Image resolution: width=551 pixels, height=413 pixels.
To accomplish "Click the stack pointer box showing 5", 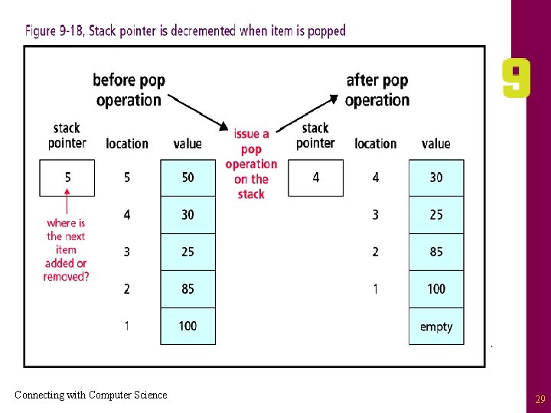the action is tap(67, 177).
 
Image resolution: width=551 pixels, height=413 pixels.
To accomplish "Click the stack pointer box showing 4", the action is tap(315, 177).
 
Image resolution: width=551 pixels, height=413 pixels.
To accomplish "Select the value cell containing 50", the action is tap(188, 177).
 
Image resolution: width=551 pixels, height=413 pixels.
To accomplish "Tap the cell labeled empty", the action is tap(436, 327).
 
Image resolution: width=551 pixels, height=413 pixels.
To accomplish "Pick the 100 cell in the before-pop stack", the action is tap(188, 327).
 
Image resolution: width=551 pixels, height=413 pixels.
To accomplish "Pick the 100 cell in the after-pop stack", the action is tap(436, 289).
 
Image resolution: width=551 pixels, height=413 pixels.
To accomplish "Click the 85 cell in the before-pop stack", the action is tap(188, 289).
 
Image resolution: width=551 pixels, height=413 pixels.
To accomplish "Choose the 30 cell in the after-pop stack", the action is tap(436, 177).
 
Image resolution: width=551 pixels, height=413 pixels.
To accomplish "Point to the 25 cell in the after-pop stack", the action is tap(436, 215).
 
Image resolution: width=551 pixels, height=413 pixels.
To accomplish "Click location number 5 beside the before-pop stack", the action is tap(127, 177).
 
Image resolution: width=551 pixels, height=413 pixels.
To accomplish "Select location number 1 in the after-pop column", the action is tap(376, 289).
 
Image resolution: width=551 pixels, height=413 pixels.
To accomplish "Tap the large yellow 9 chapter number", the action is tap(516, 78).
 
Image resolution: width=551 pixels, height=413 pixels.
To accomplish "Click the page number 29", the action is tap(540, 399).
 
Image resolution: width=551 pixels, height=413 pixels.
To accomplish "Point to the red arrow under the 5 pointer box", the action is tap(67, 201).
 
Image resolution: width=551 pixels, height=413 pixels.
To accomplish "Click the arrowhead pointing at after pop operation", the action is tap(334, 99).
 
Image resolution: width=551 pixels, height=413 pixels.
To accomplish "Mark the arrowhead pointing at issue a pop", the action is tap(223, 126).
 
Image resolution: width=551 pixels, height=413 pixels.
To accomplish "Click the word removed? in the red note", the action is tap(66, 277).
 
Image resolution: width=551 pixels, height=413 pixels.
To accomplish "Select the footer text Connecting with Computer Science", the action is tap(91, 395).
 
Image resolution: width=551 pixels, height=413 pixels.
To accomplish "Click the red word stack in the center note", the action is tap(251, 194).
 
